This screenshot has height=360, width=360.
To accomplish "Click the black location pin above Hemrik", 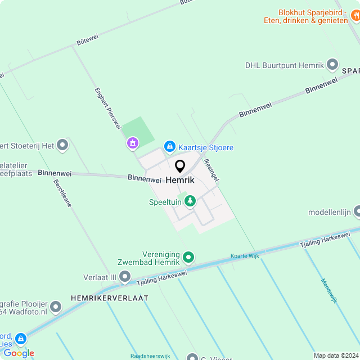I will click(180, 166).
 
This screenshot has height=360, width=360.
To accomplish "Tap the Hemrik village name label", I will click(180, 180).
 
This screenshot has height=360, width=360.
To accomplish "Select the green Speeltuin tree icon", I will click(190, 201).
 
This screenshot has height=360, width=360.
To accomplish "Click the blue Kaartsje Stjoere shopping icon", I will click(169, 147).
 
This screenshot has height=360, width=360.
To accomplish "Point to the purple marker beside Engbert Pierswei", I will click(132, 143).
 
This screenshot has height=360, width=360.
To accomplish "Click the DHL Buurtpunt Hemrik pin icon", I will click(332, 65).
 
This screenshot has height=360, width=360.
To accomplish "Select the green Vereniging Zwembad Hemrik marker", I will click(189, 258).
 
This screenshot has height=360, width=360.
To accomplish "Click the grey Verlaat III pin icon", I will click(125, 277).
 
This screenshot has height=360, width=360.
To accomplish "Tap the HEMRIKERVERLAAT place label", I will click(110, 298).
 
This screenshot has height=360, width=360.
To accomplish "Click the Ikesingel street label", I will click(211, 169).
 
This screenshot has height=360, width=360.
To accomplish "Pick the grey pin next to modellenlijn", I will click(357, 212).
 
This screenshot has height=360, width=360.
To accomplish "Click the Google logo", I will click(19, 353).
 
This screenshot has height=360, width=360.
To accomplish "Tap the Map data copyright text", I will click(335, 355).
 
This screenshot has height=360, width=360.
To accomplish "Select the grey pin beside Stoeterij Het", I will click(62, 146).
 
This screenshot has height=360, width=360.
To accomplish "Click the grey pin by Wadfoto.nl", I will click(55, 307).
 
